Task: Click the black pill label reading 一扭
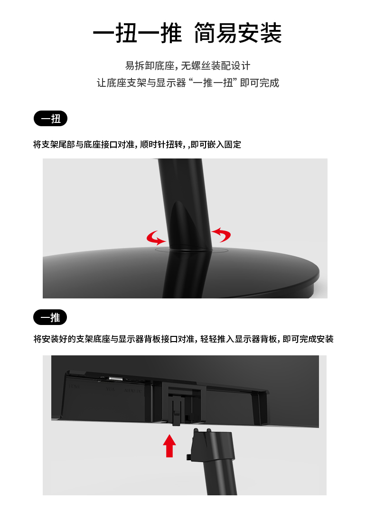pos(50,119)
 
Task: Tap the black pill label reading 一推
pos(50,317)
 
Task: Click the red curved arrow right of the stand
pos(222,234)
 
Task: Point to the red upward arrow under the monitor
pos(169,446)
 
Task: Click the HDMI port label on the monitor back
pos(75,386)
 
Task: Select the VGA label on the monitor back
pos(111,389)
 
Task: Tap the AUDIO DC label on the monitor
pos(133,390)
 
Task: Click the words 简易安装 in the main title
pos(238,33)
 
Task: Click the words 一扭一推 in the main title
pos(137,33)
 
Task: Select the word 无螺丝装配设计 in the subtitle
pos(216,65)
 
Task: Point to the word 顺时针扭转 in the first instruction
pos(161,145)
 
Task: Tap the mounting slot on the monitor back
pos(181,403)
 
